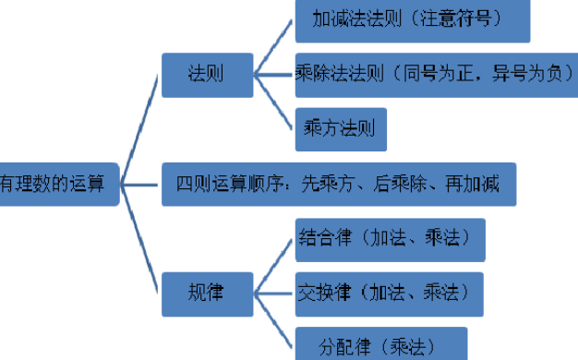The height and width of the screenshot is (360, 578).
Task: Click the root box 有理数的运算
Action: (59, 183)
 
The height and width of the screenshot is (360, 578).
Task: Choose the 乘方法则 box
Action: (340, 129)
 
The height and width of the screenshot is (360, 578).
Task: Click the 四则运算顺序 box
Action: (338, 183)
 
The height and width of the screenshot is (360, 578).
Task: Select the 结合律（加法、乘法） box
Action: (390, 237)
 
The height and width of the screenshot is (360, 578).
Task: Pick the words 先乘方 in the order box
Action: (325, 183)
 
